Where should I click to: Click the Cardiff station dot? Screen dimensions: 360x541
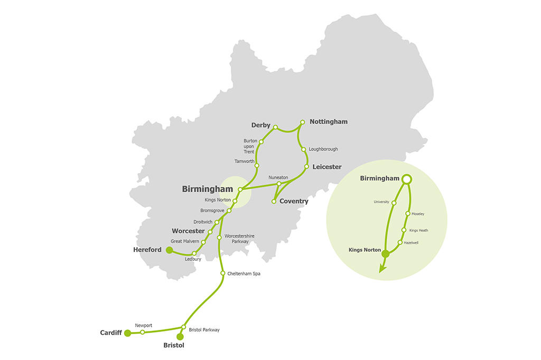127,333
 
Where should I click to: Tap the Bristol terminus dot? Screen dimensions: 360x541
180,336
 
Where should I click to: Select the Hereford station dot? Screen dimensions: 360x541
169,250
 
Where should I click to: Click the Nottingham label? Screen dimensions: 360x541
328,121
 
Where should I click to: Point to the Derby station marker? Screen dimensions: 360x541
275,126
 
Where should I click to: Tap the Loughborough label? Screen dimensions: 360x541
323,149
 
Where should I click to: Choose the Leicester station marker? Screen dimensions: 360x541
306,167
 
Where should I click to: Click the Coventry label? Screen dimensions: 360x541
294,201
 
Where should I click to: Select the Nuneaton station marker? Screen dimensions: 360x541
279,184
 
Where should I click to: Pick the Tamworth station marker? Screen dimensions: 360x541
257,166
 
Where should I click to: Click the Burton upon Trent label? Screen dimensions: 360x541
250,146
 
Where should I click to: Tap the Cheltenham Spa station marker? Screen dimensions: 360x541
222,273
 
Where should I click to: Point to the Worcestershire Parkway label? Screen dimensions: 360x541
239,239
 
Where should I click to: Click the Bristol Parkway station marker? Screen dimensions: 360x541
183,327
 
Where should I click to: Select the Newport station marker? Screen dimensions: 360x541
143,332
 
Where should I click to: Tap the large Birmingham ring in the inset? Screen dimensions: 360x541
407,179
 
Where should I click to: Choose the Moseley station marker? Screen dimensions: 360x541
407,214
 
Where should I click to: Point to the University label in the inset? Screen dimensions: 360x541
381,202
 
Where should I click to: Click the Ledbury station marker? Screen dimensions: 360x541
194,253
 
